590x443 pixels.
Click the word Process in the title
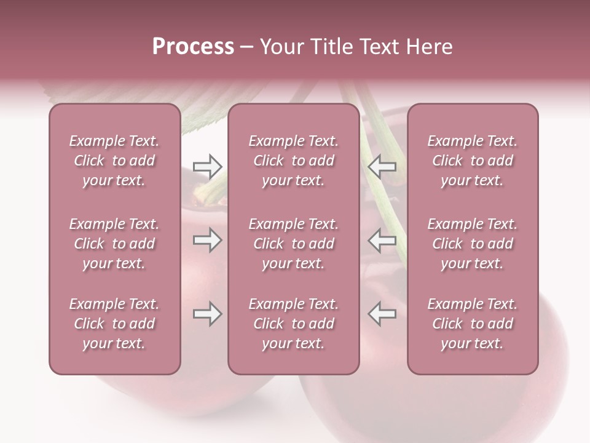tap(193, 47)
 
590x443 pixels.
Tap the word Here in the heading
tap(428, 47)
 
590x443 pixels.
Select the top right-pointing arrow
tap(207, 166)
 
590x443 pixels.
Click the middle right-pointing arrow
tap(207, 240)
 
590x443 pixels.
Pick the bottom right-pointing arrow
tap(207, 314)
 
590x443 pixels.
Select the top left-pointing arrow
tap(382, 166)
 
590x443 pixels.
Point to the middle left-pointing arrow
tap(382, 240)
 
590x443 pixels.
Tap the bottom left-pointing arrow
tap(382, 314)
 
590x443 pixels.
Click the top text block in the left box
tap(114, 161)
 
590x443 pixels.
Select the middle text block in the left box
tap(114, 244)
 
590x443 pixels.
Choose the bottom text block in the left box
tap(114, 324)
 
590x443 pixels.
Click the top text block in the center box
tap(293, 161)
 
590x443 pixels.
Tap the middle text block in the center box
tap(293, 244)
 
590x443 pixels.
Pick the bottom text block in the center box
tap(293, 324)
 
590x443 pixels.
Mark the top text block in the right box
tap(472, 161)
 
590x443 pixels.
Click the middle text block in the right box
tap(472, 244)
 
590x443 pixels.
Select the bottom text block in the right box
tap(472, 324)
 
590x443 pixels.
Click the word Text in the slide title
tap(377, 47)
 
